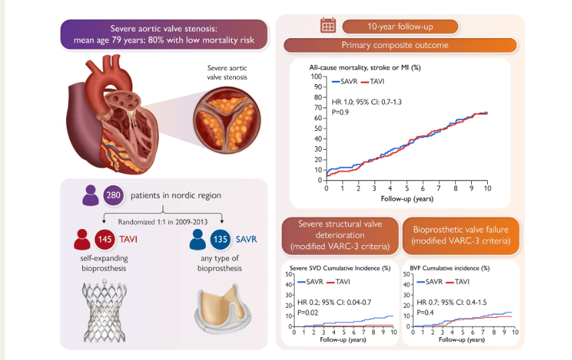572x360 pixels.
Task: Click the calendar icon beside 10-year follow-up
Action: point(328,26)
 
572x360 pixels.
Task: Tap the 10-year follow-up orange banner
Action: point(400,27)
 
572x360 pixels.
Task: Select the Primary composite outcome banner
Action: point(400,45)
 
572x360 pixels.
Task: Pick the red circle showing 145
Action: point(105,239)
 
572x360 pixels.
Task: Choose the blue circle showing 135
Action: point(221,239)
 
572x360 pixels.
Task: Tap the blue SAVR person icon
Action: point(197,239)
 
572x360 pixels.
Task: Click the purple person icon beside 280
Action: point(90,196)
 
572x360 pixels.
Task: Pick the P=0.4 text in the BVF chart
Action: point(426,312)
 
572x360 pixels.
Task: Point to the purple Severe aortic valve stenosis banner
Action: point(164,35)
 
